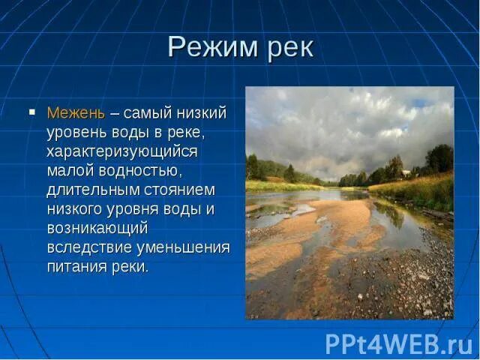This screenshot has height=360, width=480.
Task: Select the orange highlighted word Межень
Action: click(76, 113)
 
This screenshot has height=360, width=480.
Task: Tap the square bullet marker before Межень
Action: click(32, 112)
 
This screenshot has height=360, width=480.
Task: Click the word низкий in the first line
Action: click(202, 113)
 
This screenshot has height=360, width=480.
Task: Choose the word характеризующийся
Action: click(121, 151)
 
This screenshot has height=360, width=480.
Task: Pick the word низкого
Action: click(76, 209)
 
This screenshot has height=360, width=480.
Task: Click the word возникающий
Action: click(97, 228)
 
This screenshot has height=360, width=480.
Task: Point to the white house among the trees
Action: click(406, 173)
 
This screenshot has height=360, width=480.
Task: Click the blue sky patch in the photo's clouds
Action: click(421, 103)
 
